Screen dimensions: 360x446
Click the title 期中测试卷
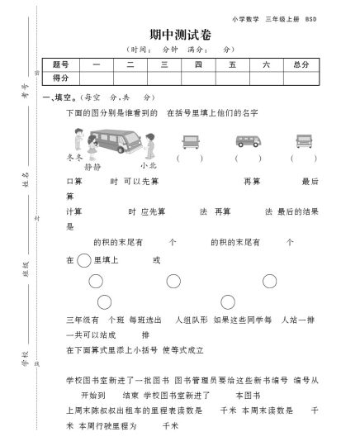coord(179,34)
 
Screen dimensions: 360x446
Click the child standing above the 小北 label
coord(149,145)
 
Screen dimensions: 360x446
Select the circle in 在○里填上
coord(84,260)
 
